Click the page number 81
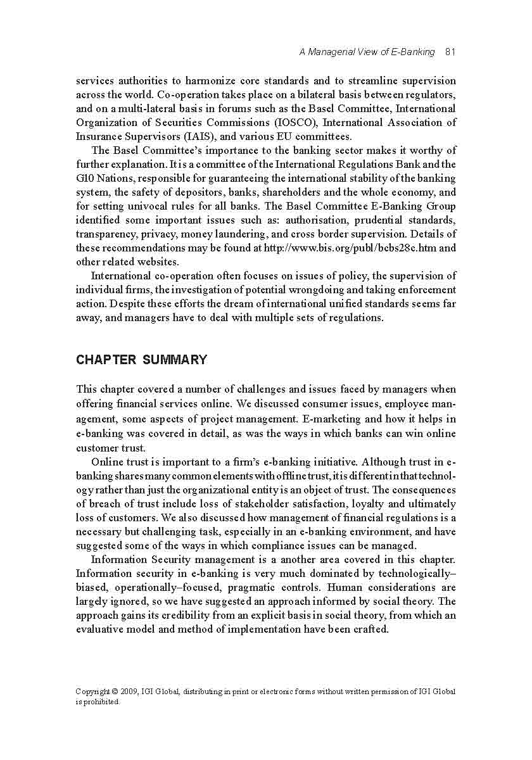pos(450,52)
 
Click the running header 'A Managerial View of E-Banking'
pos(367,52)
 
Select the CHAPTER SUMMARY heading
pos(141,360)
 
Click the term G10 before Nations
pos(85,178)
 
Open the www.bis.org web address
pos(355,248)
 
